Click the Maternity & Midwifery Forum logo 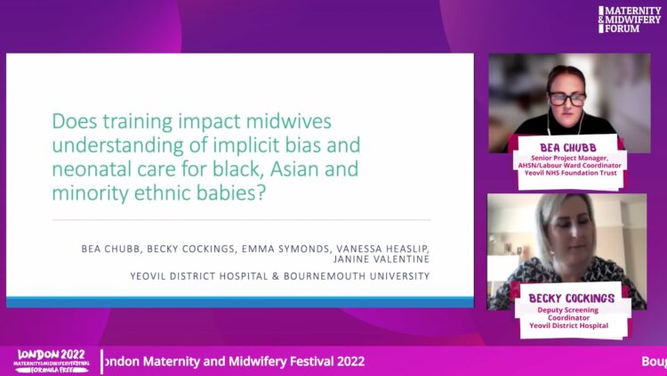630,20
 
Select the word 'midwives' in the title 289,121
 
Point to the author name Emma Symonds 285,249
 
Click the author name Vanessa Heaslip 382,249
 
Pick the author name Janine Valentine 382,259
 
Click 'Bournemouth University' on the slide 357,276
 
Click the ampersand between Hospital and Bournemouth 276,276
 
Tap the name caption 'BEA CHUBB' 568,148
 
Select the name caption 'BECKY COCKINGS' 571,298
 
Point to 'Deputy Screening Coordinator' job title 568,314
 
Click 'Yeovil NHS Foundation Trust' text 570,173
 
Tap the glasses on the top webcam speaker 567,99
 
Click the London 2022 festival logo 52,361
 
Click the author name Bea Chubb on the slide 110,249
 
